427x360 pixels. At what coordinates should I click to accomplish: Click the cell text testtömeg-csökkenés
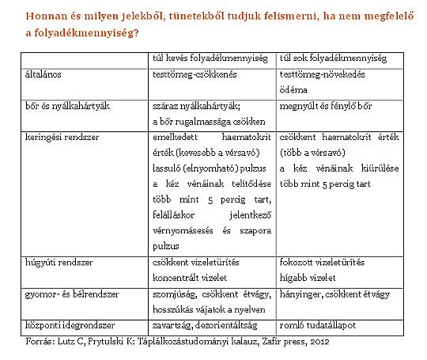point(195,74)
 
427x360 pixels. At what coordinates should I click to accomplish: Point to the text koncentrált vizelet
point(191,275)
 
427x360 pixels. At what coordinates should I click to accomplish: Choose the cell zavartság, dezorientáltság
point(205,325)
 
